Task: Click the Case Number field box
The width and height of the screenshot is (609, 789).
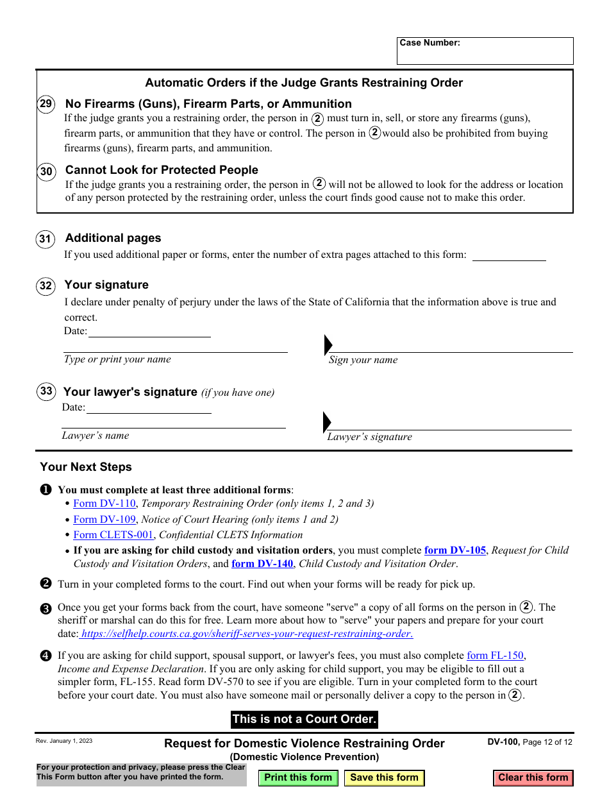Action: (x=485, y=55)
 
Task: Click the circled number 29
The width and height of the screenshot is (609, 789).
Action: (x=46, y=104)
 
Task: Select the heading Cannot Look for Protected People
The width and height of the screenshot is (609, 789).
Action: (x=162, y=170)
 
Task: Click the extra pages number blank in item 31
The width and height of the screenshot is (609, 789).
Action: (x=508, y=255)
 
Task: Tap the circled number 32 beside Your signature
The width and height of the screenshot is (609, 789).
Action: (x=46, y=285)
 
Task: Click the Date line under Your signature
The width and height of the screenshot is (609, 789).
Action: (x=149, y=332)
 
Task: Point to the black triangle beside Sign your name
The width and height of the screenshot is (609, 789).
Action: (x=328, y=344)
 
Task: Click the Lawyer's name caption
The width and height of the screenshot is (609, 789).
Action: (x=96, y=436)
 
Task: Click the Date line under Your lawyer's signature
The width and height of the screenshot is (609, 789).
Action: (x=149, y=408)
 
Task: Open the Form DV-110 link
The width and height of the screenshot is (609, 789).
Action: (x=104, y=504)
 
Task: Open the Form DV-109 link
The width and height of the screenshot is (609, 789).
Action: (x=104, y=520)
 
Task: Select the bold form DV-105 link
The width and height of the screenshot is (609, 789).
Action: (x=455, y=550)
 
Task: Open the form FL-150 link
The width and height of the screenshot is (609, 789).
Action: (x=495, y=656)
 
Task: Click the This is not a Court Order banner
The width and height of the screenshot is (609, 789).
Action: (x=304, y=719)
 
